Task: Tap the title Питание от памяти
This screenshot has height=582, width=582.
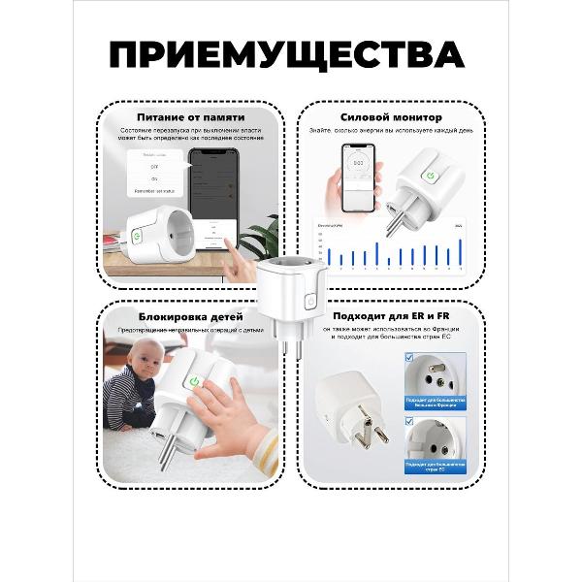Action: pos(190,116)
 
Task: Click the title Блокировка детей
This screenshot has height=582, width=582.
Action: pos(191,316)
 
